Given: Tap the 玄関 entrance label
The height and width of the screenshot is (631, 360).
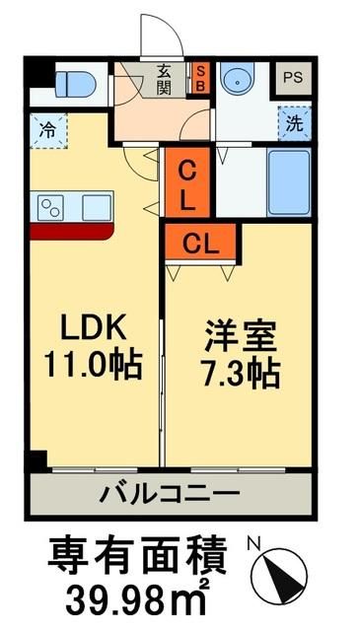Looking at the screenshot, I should coord(162,78).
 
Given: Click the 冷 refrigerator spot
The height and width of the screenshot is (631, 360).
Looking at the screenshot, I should coord(47,128).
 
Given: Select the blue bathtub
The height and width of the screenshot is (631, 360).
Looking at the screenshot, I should coord(290,182).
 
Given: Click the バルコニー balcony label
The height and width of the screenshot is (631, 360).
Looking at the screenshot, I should coord(168,491).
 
